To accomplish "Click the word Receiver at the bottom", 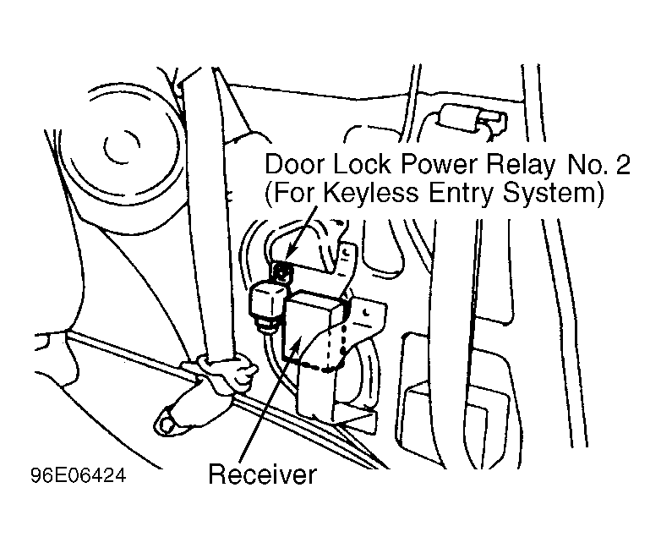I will point(262,474).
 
